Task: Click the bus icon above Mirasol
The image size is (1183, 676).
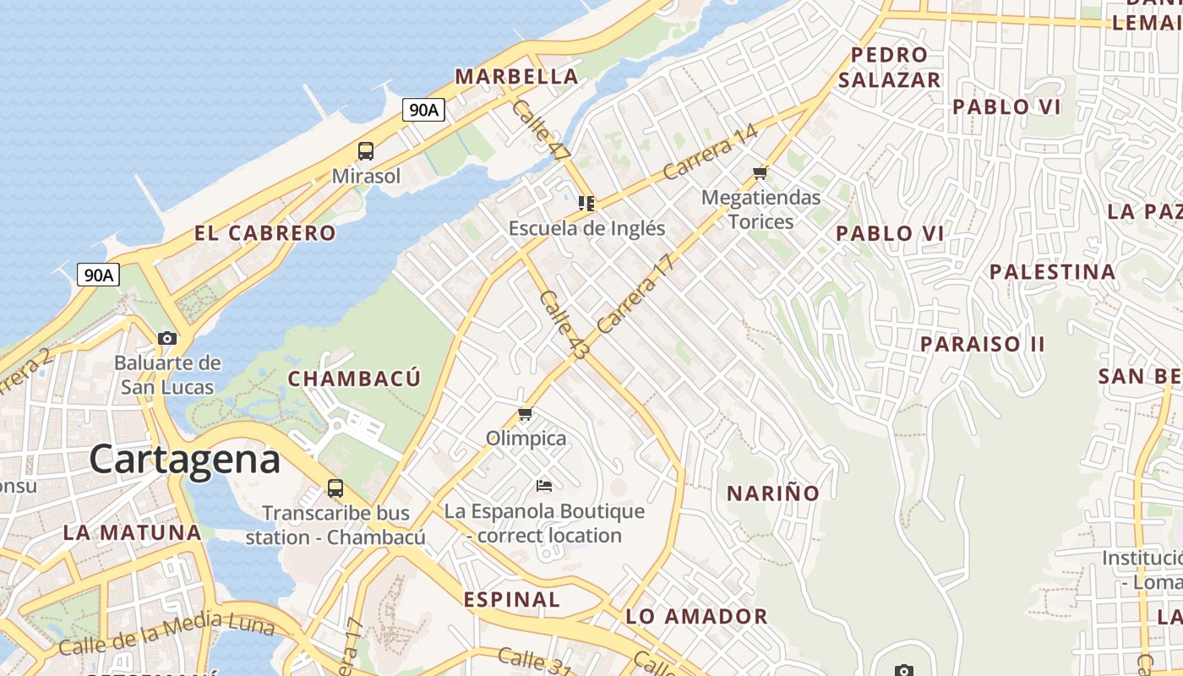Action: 366,151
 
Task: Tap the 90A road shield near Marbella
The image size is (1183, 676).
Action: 423,109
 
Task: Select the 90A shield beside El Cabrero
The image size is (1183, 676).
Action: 98,275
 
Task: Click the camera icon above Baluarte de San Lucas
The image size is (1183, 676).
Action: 167,338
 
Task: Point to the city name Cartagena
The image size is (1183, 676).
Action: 184,460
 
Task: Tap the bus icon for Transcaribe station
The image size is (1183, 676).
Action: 335,488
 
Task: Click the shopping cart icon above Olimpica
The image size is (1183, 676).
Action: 526,414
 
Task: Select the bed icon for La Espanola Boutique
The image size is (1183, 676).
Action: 544,486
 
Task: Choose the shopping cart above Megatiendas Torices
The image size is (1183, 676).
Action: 760,173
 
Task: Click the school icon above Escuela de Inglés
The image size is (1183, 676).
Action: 586,203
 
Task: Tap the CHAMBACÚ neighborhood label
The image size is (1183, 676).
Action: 354,379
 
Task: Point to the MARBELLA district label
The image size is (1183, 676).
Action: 516,76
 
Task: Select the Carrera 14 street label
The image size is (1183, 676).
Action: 710,152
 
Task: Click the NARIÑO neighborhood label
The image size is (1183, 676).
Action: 773,493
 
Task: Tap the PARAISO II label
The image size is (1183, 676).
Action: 982,344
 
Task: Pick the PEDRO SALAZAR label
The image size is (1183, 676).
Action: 889,68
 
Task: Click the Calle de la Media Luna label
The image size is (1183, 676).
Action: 166,634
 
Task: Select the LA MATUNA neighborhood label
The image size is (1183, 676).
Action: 133,532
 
